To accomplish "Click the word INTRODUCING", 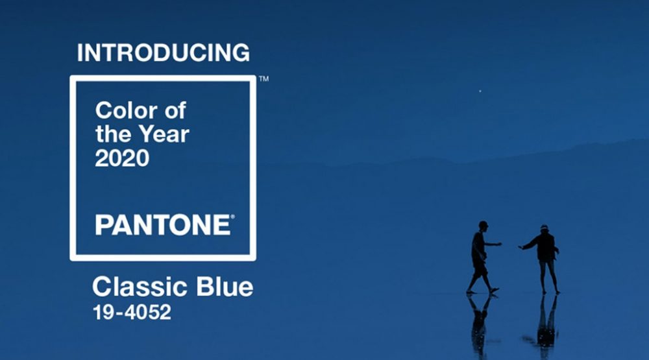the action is (164, 53).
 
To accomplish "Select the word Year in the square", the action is (164, 134).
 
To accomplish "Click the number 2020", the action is (122, 158).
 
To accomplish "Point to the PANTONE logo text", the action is (163, 224).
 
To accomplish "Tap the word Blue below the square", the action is (225, 286).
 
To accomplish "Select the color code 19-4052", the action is (132, 312).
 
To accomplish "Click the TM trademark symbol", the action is (263, 78).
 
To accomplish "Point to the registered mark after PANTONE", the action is (232, 217).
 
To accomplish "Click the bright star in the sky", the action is (480, 91).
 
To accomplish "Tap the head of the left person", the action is (483, 226).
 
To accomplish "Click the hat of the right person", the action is (544, 227).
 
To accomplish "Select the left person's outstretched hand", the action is (498, 244).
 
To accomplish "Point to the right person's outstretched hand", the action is (520, 247).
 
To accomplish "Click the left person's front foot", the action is (494, 291).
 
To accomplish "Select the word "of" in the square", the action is (175, 110).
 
